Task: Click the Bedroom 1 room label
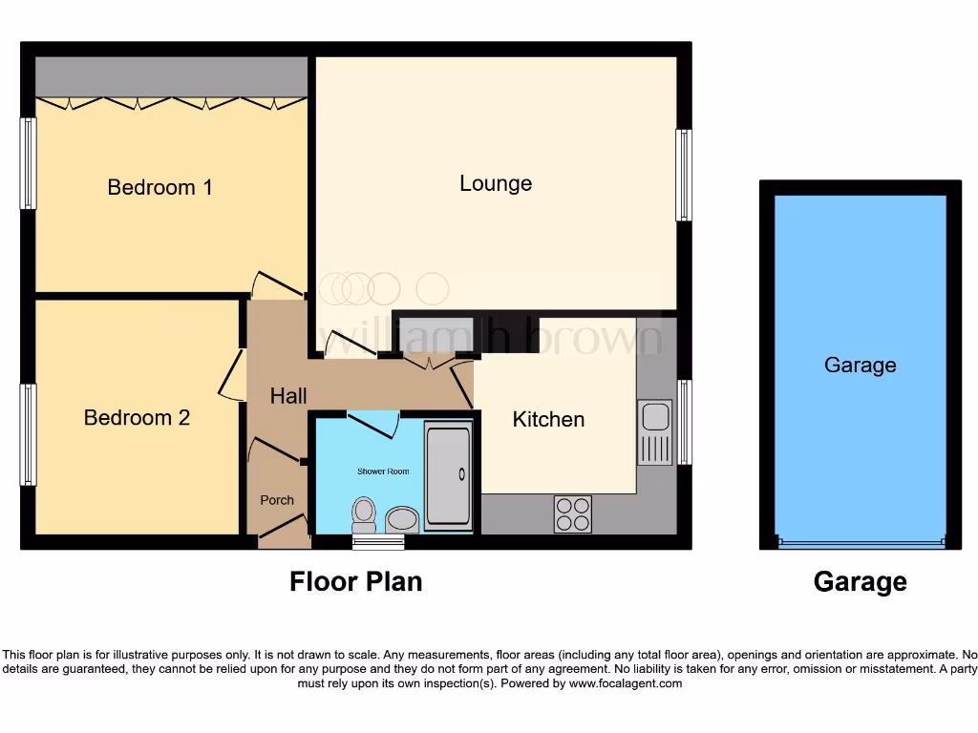point(159,187)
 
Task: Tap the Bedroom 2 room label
point(137,417)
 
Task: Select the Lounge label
point(496,183)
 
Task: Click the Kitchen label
point(548,419)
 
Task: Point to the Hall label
point(288,395)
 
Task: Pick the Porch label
point(278,500)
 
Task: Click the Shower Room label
point(383,471)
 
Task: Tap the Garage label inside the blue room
point(860,365)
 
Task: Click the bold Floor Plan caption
point(355,581)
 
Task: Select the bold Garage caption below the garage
point(860,581)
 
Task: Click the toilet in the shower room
point(363,515)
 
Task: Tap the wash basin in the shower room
point(402,519)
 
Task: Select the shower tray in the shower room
point(448,474)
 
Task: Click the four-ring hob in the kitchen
point(573,513)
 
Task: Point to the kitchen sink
point(655,431)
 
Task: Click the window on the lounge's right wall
point(683,176)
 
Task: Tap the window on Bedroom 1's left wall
point(28,163)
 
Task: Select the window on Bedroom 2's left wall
point(28,434)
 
